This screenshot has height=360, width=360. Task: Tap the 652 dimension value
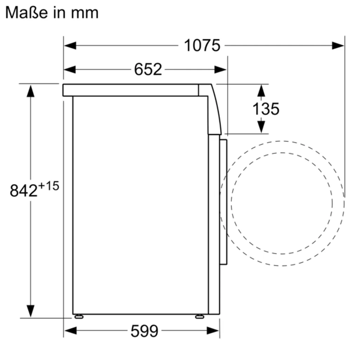(148, 69)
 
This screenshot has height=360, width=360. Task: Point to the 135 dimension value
(266, 109)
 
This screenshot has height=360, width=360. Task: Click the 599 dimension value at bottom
(144, 331)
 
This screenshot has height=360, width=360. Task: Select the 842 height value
(24, 191)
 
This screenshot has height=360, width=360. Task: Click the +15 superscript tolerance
(48, 186)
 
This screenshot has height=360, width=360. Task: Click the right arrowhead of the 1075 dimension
(338, 45)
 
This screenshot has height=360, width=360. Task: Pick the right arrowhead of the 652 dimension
(220, 70)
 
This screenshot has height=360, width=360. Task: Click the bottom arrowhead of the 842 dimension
(31, 311)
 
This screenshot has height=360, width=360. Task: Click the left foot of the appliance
(78, 316)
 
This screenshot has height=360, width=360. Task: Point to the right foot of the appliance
(200, 316)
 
